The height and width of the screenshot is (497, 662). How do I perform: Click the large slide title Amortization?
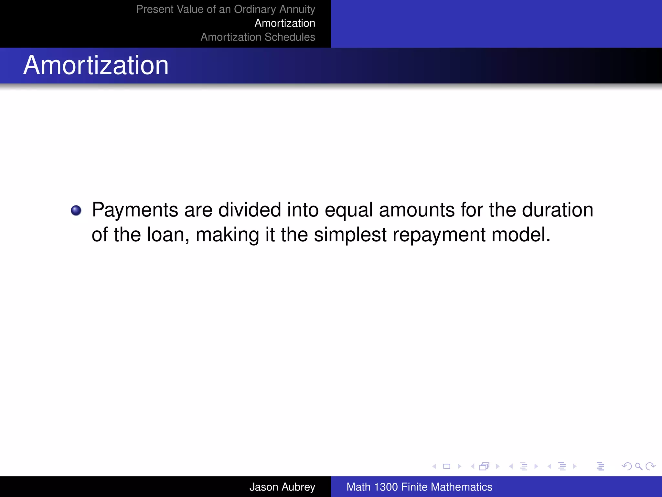[96, 65]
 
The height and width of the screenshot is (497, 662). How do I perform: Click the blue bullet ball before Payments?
[76, 211]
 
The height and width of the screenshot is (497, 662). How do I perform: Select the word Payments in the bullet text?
[135, 210]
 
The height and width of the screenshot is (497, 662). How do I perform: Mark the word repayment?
[439, 235]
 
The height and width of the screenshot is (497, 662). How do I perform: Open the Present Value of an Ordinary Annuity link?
[225, 9]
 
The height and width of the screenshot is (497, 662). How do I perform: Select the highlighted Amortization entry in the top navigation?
[285, 23]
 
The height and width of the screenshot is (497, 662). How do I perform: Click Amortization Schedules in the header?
[258, 37]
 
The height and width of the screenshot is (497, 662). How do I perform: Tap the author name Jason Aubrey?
[282, 487]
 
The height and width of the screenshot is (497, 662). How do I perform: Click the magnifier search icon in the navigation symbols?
[638, 466]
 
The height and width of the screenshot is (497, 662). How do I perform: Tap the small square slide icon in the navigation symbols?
[447, 466]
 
